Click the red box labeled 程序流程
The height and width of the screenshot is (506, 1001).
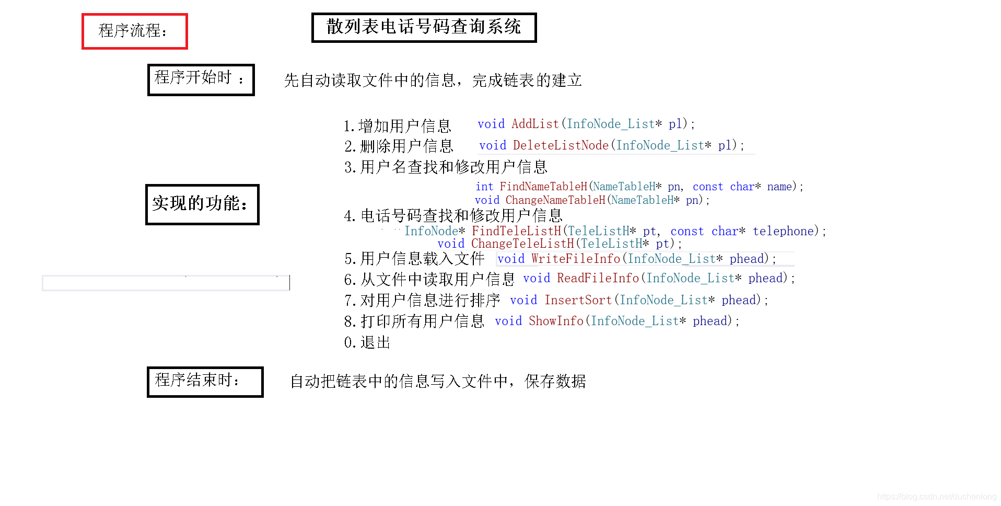point(134,31)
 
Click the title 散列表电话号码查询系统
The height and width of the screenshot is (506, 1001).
point(424,27)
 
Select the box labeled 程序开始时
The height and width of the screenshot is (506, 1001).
point(201,79)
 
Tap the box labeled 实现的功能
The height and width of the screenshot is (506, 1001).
point(202,204)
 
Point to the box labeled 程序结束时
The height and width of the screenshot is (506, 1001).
point(205,382)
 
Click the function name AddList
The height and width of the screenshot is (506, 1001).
point(535,124)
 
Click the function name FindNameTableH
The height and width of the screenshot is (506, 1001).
point(543,187)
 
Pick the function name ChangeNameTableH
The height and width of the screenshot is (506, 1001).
point(555,200)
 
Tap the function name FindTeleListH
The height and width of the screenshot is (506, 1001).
point(516,231)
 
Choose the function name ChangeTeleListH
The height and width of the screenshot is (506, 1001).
point(522,244)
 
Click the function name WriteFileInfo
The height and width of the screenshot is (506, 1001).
point(575,259)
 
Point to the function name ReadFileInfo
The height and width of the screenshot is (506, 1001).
point(598,278)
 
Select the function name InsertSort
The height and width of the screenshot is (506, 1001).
point(578,300)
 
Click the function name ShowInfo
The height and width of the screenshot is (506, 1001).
point(555,321)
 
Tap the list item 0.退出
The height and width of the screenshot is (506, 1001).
point(367,342)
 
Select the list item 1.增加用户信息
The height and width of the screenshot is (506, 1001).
point(397,126)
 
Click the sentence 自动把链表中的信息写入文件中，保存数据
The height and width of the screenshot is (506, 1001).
point(438,382)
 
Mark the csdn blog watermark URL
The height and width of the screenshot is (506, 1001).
point(936,497)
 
